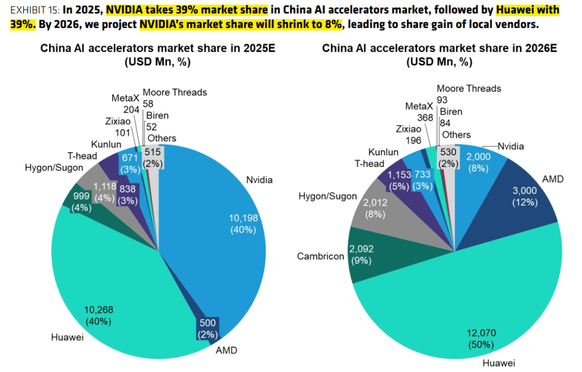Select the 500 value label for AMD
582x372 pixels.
207,322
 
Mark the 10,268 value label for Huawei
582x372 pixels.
98,309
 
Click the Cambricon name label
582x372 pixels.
320,256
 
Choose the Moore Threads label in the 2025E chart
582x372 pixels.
175,92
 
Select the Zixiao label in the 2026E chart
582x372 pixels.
408,129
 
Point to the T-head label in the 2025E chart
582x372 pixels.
82,156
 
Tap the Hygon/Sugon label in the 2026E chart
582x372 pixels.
328,195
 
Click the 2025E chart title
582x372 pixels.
158,48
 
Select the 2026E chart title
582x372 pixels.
439,48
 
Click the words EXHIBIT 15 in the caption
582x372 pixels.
33,10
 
